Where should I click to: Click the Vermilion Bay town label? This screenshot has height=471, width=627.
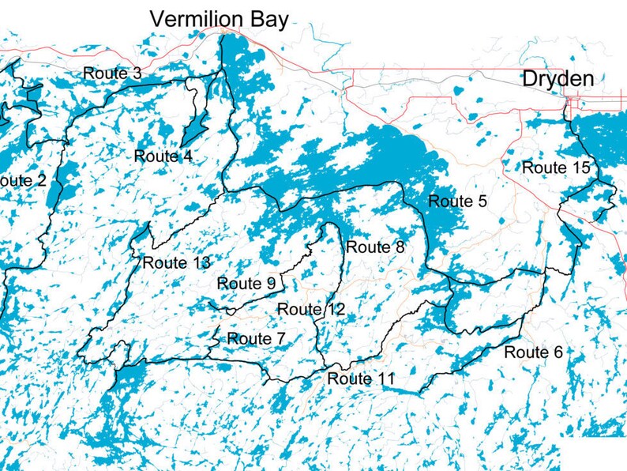[220, 18]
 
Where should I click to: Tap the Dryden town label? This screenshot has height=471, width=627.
[558, 79]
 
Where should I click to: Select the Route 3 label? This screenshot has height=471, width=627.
[112, 73]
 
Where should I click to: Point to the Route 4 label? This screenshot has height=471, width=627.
[163, 156]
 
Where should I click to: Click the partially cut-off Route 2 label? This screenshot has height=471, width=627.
[22, 180]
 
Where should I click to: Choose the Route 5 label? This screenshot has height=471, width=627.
[457, 202]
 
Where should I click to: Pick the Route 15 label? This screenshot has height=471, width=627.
[556, 168]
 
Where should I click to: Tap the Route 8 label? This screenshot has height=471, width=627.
[375, 247]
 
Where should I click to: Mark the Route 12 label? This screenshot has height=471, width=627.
[311, 309]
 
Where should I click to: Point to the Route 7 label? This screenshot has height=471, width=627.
[256, 339]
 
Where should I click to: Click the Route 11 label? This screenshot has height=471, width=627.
[361, 379]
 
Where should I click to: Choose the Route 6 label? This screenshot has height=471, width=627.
[533, 352]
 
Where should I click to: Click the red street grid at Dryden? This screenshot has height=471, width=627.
[576, 103]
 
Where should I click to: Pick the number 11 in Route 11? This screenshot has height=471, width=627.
[384, 379]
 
